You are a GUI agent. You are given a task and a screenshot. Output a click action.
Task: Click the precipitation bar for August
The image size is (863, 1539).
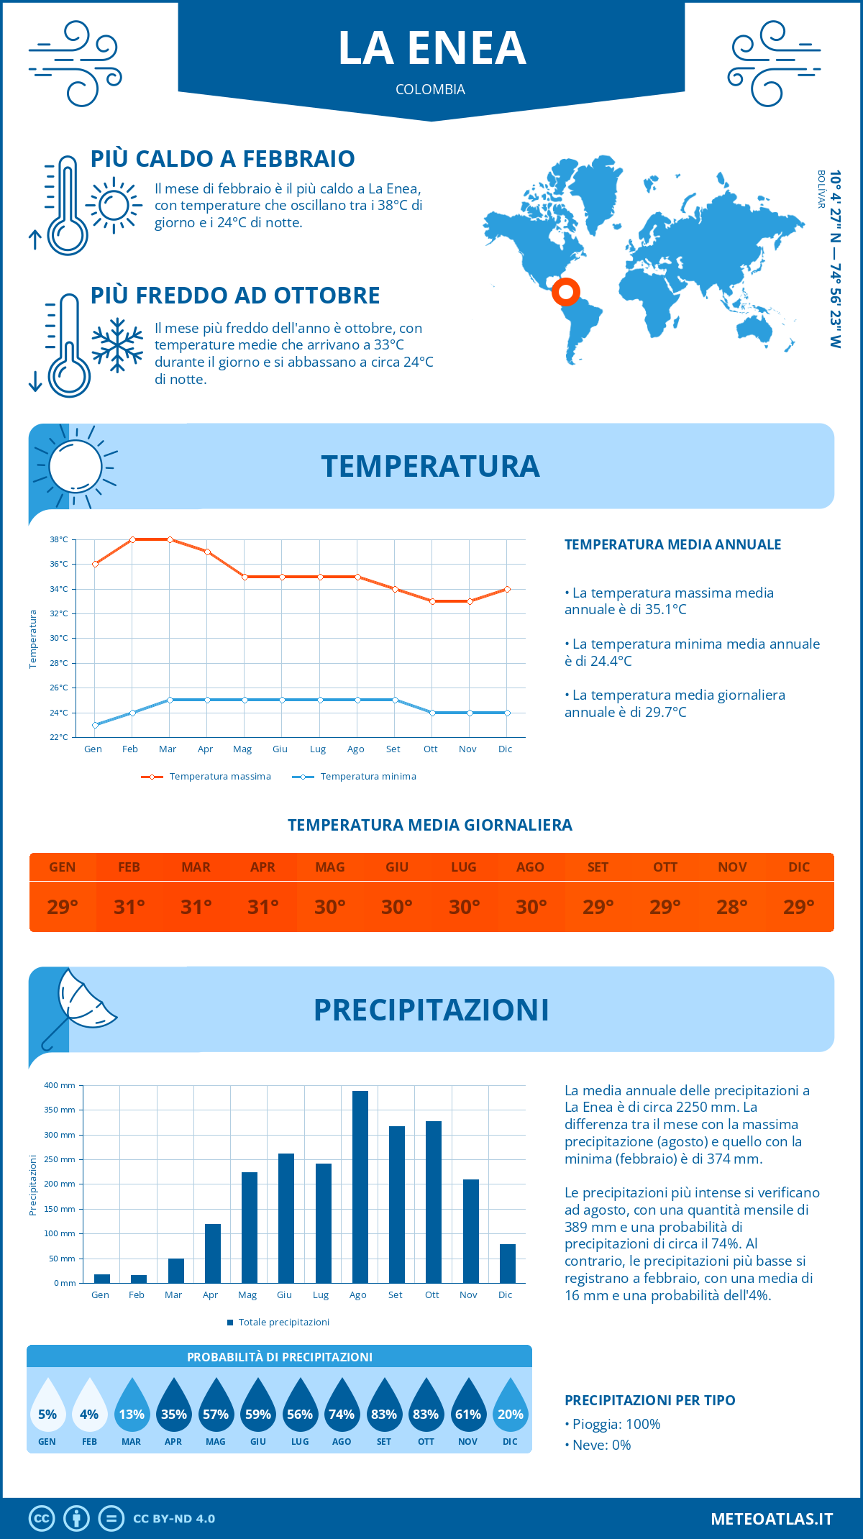[360, 1187]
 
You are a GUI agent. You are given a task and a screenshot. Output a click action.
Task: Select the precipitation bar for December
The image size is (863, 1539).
[508, 1264]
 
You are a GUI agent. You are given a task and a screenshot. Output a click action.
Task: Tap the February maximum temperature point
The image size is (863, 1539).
[132, 539]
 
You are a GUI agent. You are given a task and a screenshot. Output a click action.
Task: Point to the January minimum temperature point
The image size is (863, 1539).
[95, 725]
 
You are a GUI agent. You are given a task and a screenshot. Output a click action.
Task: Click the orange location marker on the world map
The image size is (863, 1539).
[566, 292]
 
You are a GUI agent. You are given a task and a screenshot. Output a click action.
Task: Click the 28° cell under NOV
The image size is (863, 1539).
[732, 907]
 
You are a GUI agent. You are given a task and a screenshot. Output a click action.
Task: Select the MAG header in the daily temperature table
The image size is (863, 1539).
[330, 867]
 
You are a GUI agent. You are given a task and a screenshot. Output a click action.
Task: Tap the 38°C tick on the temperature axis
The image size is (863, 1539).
[59, 539]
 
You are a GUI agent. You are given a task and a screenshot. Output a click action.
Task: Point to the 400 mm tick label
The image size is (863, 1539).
[60, 1085]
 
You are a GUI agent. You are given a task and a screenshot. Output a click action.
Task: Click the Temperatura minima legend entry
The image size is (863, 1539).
[355, 777]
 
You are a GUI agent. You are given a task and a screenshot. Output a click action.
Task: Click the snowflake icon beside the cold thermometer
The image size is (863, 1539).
[117, 345]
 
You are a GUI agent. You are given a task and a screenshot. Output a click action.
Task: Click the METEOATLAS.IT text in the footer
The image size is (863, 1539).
[772, 1519]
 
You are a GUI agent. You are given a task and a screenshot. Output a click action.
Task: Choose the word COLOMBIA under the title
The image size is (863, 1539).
[430, 89]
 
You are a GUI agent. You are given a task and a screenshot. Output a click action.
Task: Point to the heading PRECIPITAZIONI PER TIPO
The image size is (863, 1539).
[650, 1400]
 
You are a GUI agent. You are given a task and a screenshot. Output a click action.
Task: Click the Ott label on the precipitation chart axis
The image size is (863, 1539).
[431, 1294]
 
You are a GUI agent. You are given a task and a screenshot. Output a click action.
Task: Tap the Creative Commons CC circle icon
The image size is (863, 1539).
[42, 1519]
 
